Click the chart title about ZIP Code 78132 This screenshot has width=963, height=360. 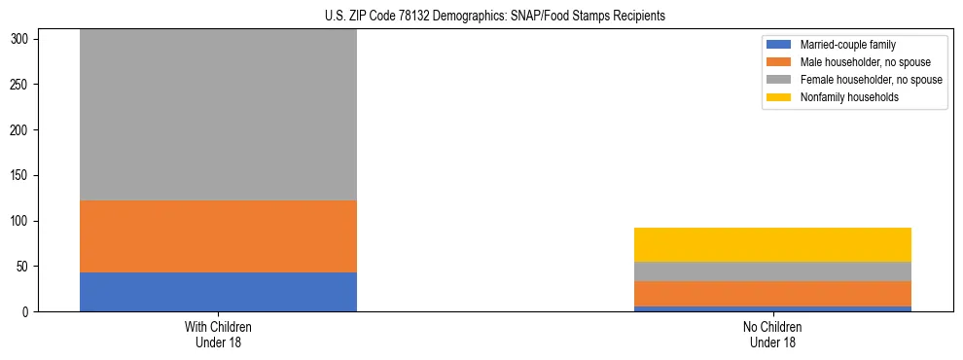[x=495, y=17]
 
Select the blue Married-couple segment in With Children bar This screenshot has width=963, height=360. [x=218, y=292]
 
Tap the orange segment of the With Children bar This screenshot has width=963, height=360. [x=218, y=236]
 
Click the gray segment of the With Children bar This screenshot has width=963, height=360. [x=218, y=115]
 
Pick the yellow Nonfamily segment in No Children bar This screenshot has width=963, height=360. [x=772, y=244]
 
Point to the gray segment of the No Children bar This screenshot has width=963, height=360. [x=772, y=271]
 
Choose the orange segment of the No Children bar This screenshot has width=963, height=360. [x=772, y=294]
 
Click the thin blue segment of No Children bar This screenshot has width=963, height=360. [x=772, y=309]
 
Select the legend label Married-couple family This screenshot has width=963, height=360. [x=847, y=45]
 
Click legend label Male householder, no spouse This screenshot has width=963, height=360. [x=861, y=62]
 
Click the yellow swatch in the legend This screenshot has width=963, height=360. [x=780, y=97]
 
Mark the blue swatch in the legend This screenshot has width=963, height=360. [x=780, y=45]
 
